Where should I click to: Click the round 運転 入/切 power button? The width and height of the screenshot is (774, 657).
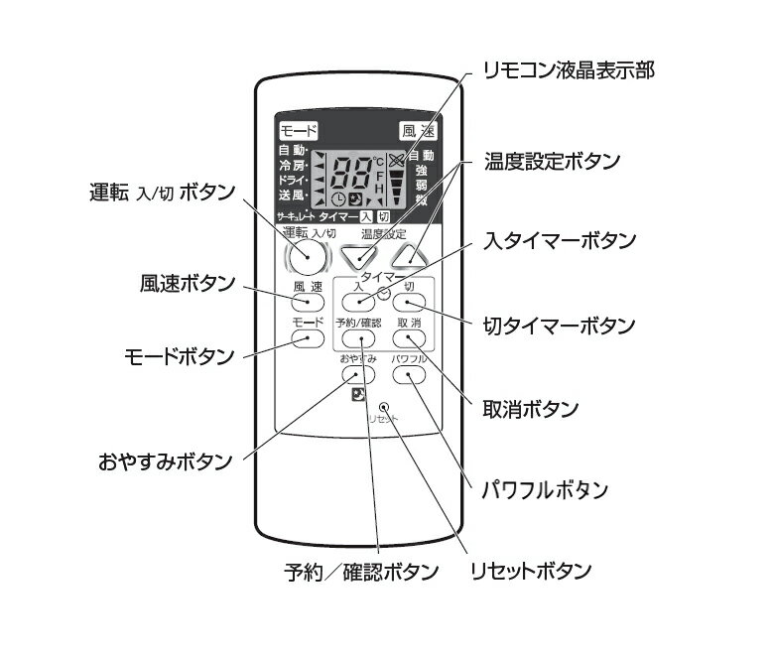coord(307,258)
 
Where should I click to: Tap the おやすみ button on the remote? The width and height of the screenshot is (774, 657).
coord(358,374)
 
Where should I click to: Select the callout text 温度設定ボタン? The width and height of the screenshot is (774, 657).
coord(553,161)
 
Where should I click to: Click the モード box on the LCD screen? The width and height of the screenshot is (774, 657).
coord(298,130)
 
